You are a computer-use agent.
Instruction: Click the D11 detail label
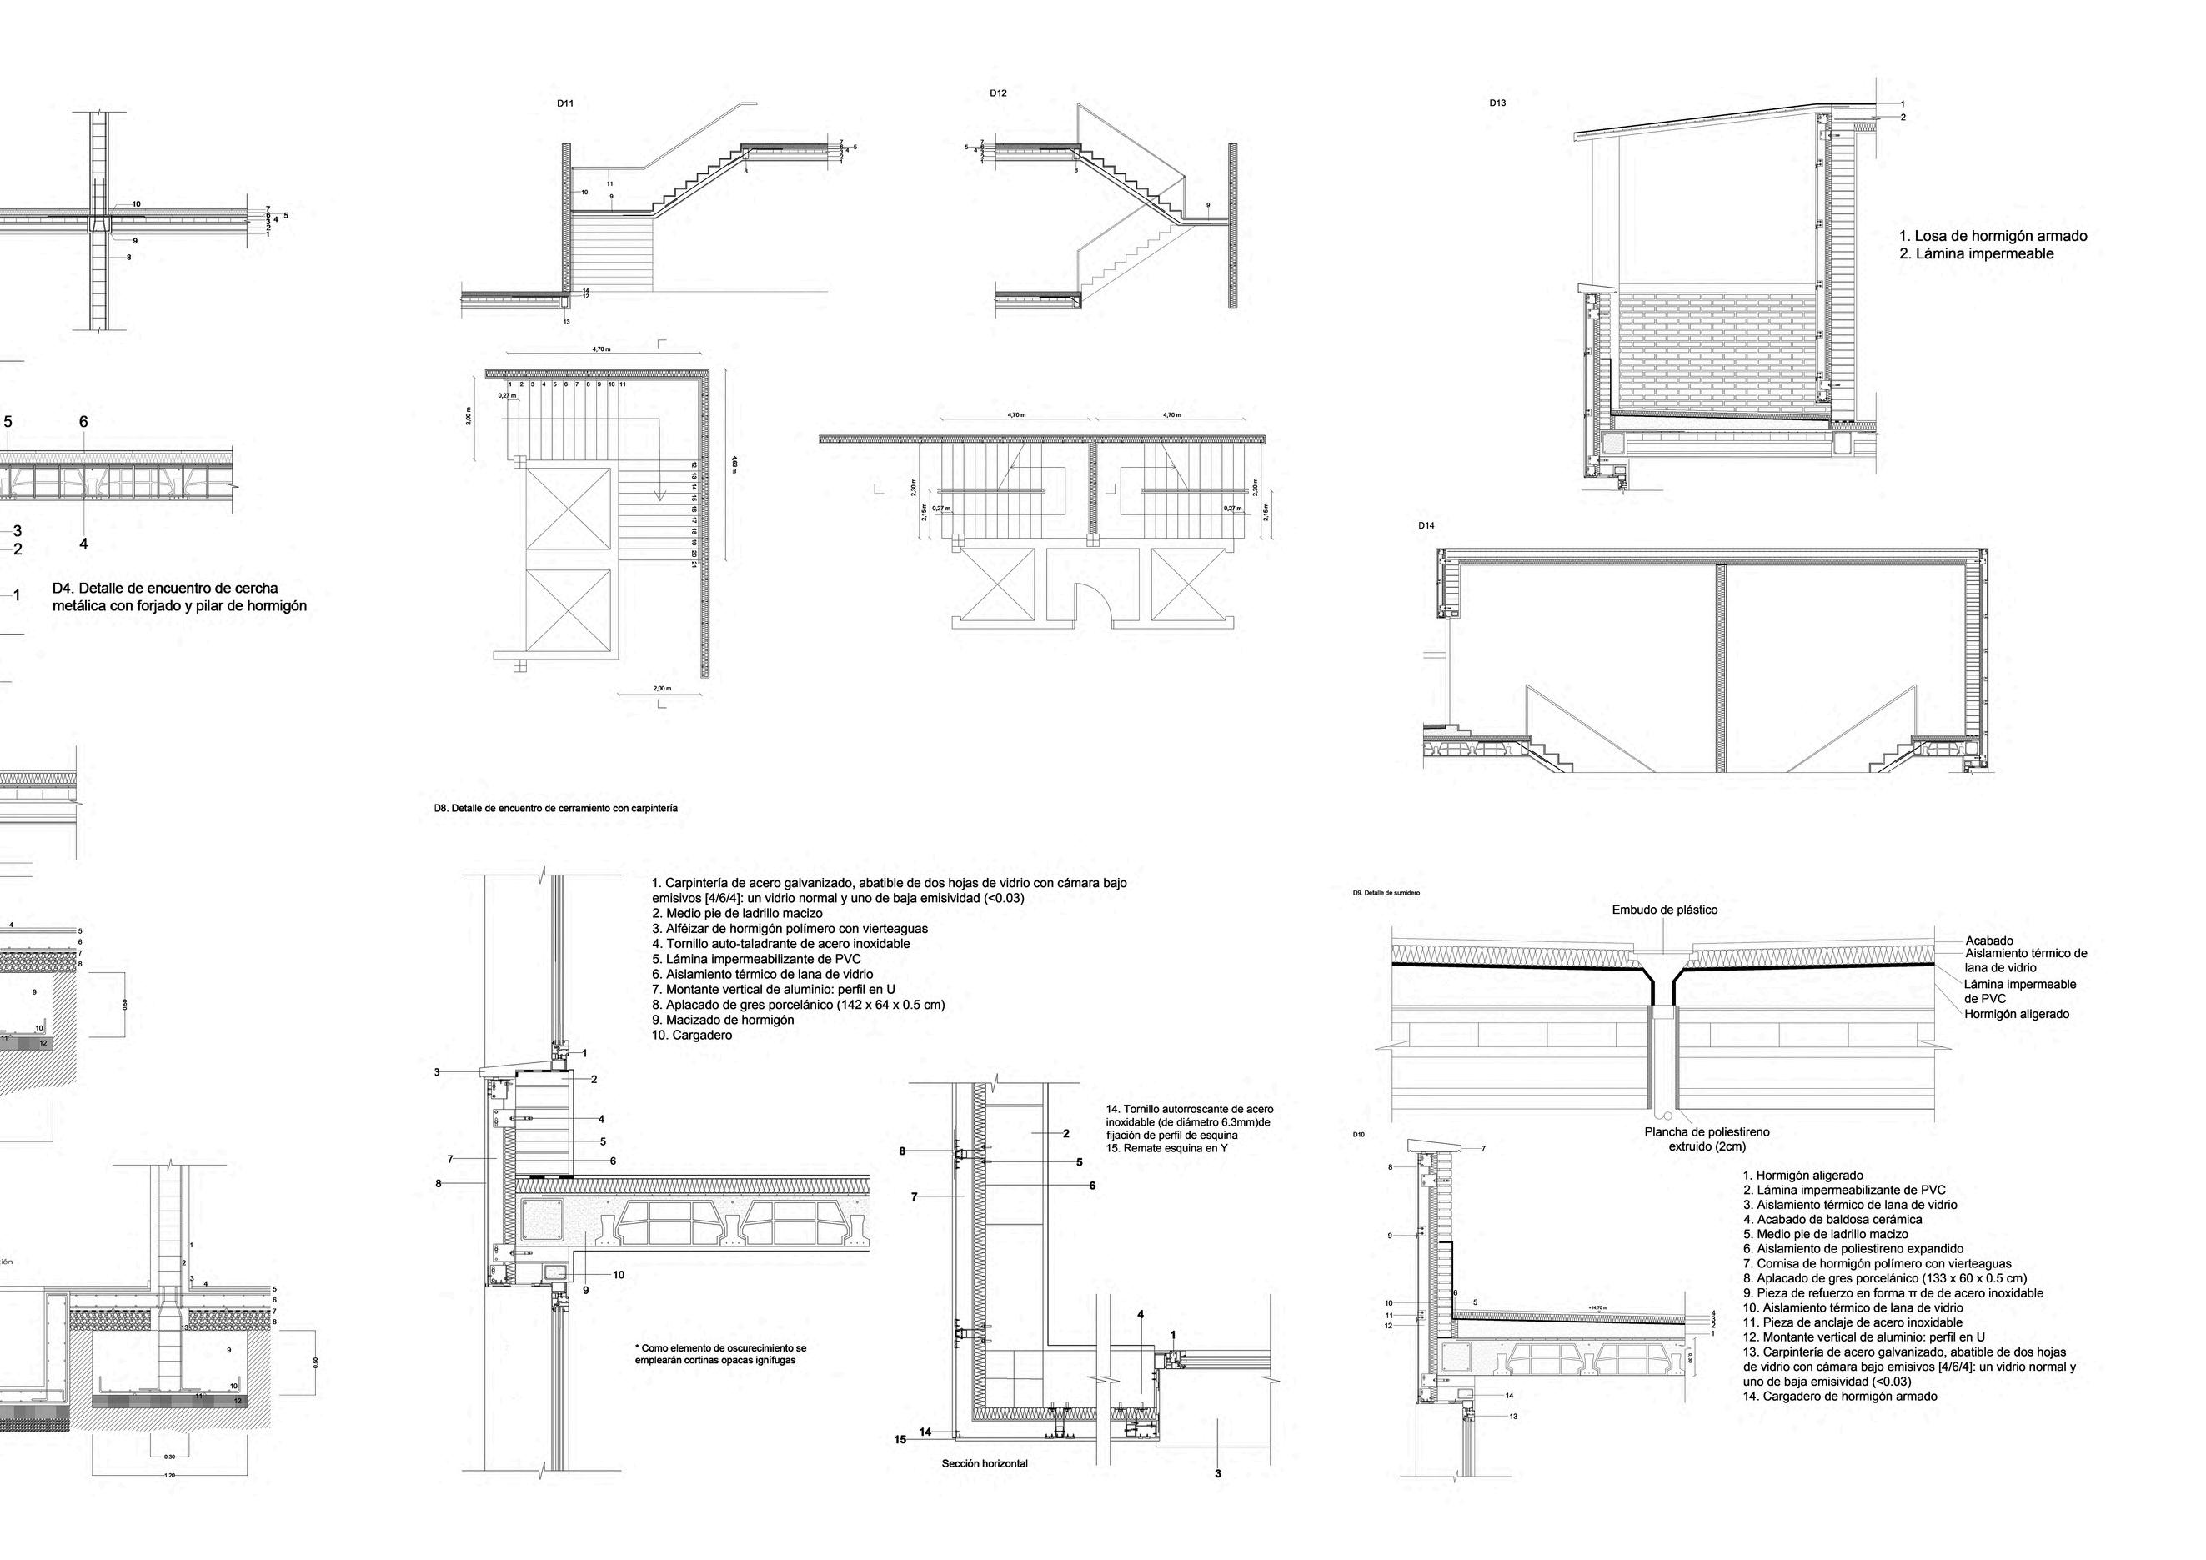click(x=565, y=103)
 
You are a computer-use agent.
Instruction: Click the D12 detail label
click(x=998, y=93)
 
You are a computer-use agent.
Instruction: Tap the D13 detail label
click(x=1497, y=103)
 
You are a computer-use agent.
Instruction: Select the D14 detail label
click(x=1426, y=525)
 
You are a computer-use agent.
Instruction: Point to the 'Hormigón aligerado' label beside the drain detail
click(x=2017, y=1013)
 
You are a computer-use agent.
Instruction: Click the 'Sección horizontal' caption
click(x=984, y=1490)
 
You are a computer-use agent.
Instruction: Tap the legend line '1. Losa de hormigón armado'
click(x=1993, y=235)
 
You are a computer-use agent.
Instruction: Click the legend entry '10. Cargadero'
click(x=692, y=1036)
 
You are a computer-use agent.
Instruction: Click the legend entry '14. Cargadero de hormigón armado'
click(x=1839, y=1396)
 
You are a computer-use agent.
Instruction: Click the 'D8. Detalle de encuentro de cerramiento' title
click(x=555, y=809)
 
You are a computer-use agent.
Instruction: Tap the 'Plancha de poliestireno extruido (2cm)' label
click(x=1707, y=1139)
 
